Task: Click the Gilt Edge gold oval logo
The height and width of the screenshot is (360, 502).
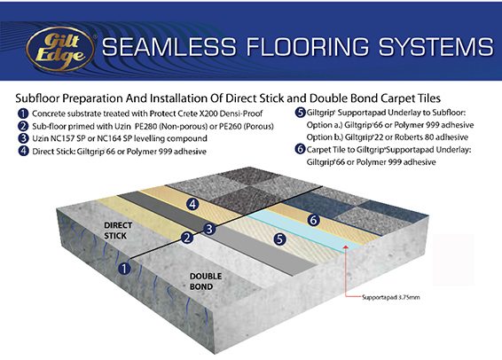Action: tap(61, 49)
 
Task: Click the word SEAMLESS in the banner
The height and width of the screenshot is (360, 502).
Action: tap(169, 47)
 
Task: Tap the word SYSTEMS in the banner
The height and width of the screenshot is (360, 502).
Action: tap(436, 47)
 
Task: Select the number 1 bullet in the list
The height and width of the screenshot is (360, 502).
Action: tap(23, 113)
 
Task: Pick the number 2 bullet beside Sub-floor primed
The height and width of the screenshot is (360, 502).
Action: tap(23, 126)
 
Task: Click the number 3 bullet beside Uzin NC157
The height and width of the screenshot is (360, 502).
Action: tap(23, 138)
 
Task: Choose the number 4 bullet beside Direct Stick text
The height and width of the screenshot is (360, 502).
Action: tap(23, 151)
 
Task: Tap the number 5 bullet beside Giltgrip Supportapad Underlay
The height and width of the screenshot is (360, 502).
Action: tap(300, 113)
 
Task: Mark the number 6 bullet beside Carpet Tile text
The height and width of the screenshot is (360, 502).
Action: tap(300, 149)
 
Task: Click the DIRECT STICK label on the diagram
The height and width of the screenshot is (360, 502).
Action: tap(118, 231)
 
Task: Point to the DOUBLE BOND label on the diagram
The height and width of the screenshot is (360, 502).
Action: tap(206, 281)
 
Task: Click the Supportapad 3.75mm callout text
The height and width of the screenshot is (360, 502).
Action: tap(390, 297)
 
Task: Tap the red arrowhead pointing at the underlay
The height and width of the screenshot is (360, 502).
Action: tap(346, 247)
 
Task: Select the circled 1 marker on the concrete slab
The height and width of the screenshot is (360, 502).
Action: tap(124, 269)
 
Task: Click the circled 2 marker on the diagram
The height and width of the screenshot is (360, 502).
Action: tap(187, 238)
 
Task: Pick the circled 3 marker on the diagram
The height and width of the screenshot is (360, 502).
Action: tap(209, 229)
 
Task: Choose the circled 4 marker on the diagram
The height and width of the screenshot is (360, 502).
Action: tap(192, 204)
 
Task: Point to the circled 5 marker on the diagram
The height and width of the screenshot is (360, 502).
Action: tap(279, 239)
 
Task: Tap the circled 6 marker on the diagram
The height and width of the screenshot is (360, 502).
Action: tap(313, 220)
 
